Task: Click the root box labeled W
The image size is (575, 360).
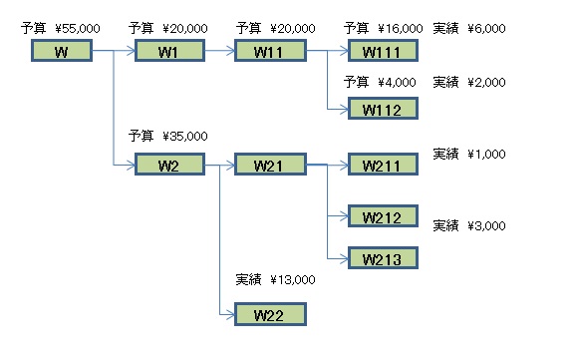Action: pyautogui.click(x=61, y=51)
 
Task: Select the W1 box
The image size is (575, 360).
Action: pyautogui.click(x=167, y=51)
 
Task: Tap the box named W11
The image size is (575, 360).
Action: pyautogui.click(x=270, y=51)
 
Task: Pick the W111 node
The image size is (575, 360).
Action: pyautogui.click(x=382, y=51)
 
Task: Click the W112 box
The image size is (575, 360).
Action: pyautogui.click(x=382, y=110)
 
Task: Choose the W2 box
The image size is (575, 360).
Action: pyautogui.click(x=167, y=164)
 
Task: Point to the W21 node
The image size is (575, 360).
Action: pyautogui.click(x=270, y=164)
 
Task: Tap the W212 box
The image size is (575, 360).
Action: pyautogui.click(x=382, y=216)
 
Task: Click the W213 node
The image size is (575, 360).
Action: pyautogui.click(x=382, y=258)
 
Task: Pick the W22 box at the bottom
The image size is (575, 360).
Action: pyautogui.click(x=270, y=315)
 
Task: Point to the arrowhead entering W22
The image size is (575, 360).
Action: pyautogui.click(x=230, y=314)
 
